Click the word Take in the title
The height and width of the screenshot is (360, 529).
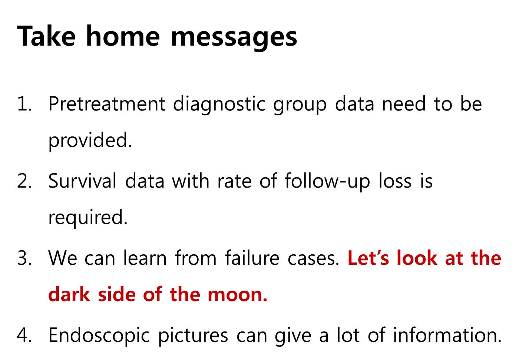46,36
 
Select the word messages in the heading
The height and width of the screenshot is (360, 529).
234,38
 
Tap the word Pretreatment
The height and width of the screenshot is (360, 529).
107,103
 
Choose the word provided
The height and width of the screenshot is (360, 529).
90,141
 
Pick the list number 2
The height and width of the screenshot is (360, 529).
24,181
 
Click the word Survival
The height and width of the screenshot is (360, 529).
82,181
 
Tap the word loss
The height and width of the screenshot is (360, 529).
395,181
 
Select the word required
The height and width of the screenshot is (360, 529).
88,218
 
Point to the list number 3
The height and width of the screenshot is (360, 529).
24,258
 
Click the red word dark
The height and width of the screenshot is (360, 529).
69,294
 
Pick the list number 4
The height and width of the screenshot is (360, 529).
24,335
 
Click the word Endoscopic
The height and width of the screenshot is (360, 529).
99,336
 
